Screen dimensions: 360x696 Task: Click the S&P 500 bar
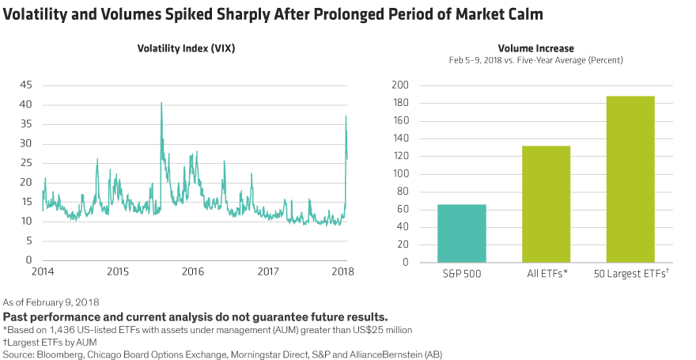[x=462, y=233]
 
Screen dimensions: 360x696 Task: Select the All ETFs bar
[x=547, y=203]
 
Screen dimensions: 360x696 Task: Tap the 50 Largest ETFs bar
[x=630, y=179]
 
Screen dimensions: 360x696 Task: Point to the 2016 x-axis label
[x=192, y=271]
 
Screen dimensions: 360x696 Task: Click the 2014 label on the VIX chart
[x=42, y=271]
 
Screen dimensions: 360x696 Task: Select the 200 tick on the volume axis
[x=401, y=85]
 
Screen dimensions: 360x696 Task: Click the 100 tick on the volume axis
[x=401, y=174]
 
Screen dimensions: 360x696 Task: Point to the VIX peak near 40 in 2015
[x=161, y=104]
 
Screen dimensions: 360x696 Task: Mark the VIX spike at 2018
[x=346, y=118]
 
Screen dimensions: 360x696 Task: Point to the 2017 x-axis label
[x=269, y=271]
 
